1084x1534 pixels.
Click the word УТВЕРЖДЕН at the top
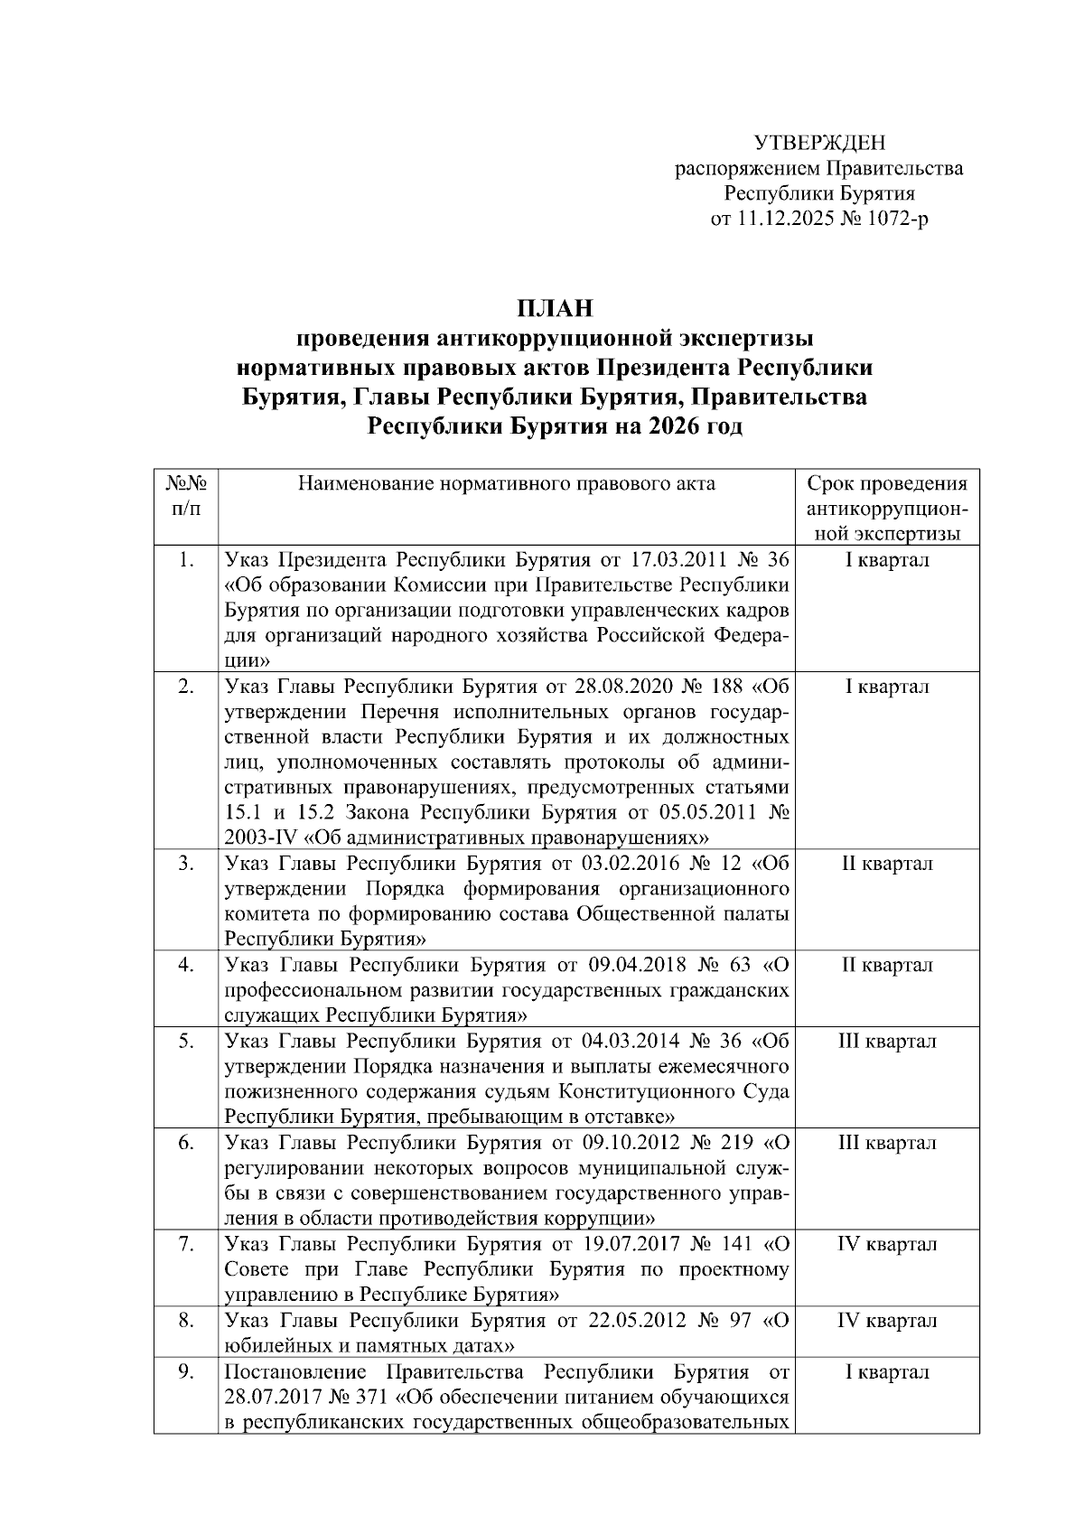(819, 142)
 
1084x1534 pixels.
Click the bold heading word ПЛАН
(555, 308)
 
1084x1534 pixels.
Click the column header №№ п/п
(185, 495)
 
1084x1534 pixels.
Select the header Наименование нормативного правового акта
(506, 483)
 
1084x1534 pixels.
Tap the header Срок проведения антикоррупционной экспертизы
(886, 508)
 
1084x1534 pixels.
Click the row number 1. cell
(185, 560)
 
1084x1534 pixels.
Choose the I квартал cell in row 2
(886, 687)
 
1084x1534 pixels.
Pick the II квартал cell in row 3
(886, 864)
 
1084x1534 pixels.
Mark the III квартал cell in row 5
(886, 1041)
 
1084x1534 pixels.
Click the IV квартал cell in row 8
(886, 1321)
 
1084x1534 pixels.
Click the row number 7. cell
(185, 1244)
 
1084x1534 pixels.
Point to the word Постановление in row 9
(295, 1372)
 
